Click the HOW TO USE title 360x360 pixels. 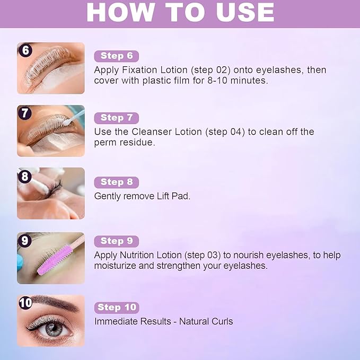pos(180,13)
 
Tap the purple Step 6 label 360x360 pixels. pos(117,56)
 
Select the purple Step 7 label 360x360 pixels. pos(117,118)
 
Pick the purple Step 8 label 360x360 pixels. pos(117,182)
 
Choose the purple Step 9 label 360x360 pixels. pos(117,241)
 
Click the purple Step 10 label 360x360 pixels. pos(117,308)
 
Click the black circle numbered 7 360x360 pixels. pos(25,113)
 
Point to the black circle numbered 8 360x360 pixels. pos(25,176)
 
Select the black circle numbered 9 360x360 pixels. pos(25,240)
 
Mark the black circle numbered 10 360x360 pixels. pos(25,303)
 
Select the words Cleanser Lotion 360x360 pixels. pos(167,132)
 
